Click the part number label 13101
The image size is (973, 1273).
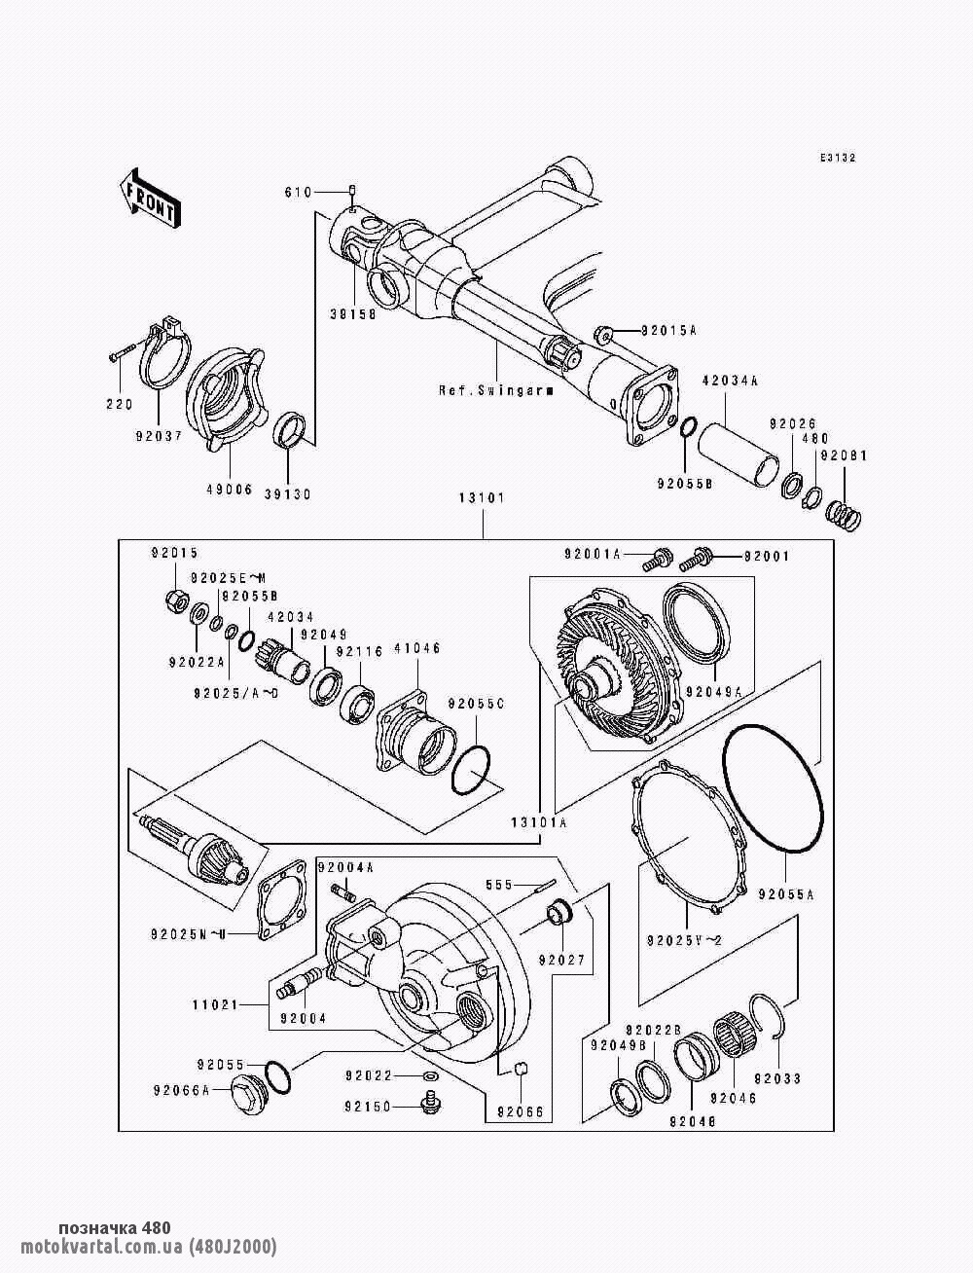tap(482, 498)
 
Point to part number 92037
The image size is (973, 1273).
tap(159, 436)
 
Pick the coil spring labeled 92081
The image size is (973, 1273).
tap(843, 513)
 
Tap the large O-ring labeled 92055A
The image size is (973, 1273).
tap(773, 789)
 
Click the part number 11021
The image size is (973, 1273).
tap(215, 1003)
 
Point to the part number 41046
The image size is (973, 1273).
tap(416, 647)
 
